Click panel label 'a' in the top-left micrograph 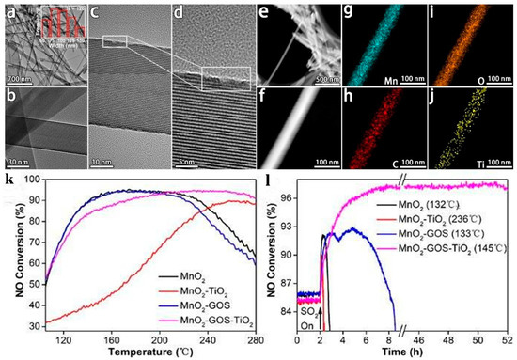point(10,11)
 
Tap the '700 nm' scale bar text point(18,77)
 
